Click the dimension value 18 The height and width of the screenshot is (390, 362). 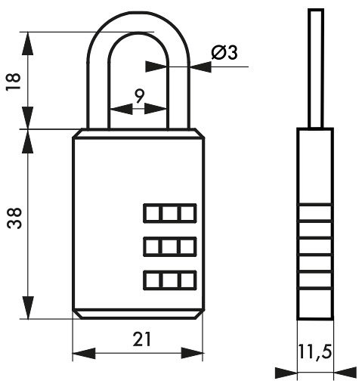click(x=14, y=82)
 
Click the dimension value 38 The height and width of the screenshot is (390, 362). click(x=14, y=218)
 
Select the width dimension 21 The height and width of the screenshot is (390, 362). click(x=142, y=339)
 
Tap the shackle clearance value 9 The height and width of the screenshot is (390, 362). click(x=139, y=96)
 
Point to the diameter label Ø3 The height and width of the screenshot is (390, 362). click(x=224, y=53)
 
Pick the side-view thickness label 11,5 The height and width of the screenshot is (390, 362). click(x=314, y=351)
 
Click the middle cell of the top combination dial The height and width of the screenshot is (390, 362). click(x=169, y=214)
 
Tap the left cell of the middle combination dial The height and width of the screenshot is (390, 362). click(x=152, y=246)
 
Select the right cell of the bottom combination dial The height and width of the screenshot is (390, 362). click(x=187, y=280)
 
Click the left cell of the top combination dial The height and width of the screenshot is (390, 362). click(x=152, y=214)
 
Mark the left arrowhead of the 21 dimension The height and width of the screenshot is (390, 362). click(x=84, y=353)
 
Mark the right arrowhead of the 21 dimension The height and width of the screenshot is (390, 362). click(x=192, y=353)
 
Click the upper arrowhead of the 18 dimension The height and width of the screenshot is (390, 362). click(x=28, y=44)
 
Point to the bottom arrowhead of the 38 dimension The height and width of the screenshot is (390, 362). click(x=28, y=308)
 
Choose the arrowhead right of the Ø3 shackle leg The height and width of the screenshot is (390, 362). click(x=201, y=67)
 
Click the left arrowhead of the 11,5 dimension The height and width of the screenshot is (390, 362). click(x=286, y=373)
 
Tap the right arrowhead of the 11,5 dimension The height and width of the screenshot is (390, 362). click(x=345, y=373)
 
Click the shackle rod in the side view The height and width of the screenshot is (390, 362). click(x=316, y=69)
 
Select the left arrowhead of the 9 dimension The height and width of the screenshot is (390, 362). click(x=122, y=109)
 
